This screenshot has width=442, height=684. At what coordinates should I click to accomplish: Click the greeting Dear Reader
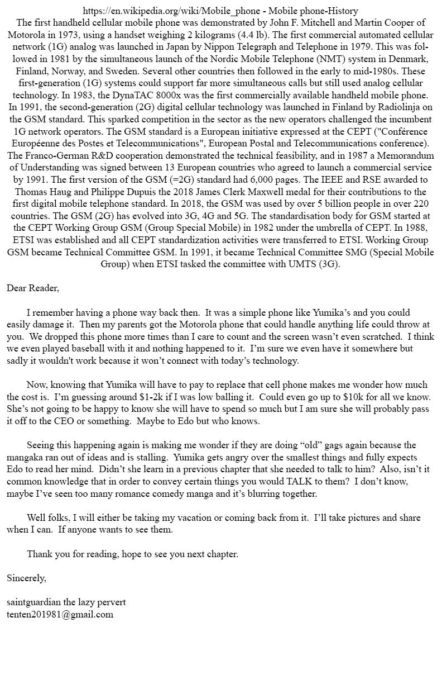pos(32,288)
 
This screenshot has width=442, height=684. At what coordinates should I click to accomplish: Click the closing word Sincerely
pos(26,578)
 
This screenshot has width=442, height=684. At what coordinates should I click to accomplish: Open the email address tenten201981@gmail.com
pos(60,615)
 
